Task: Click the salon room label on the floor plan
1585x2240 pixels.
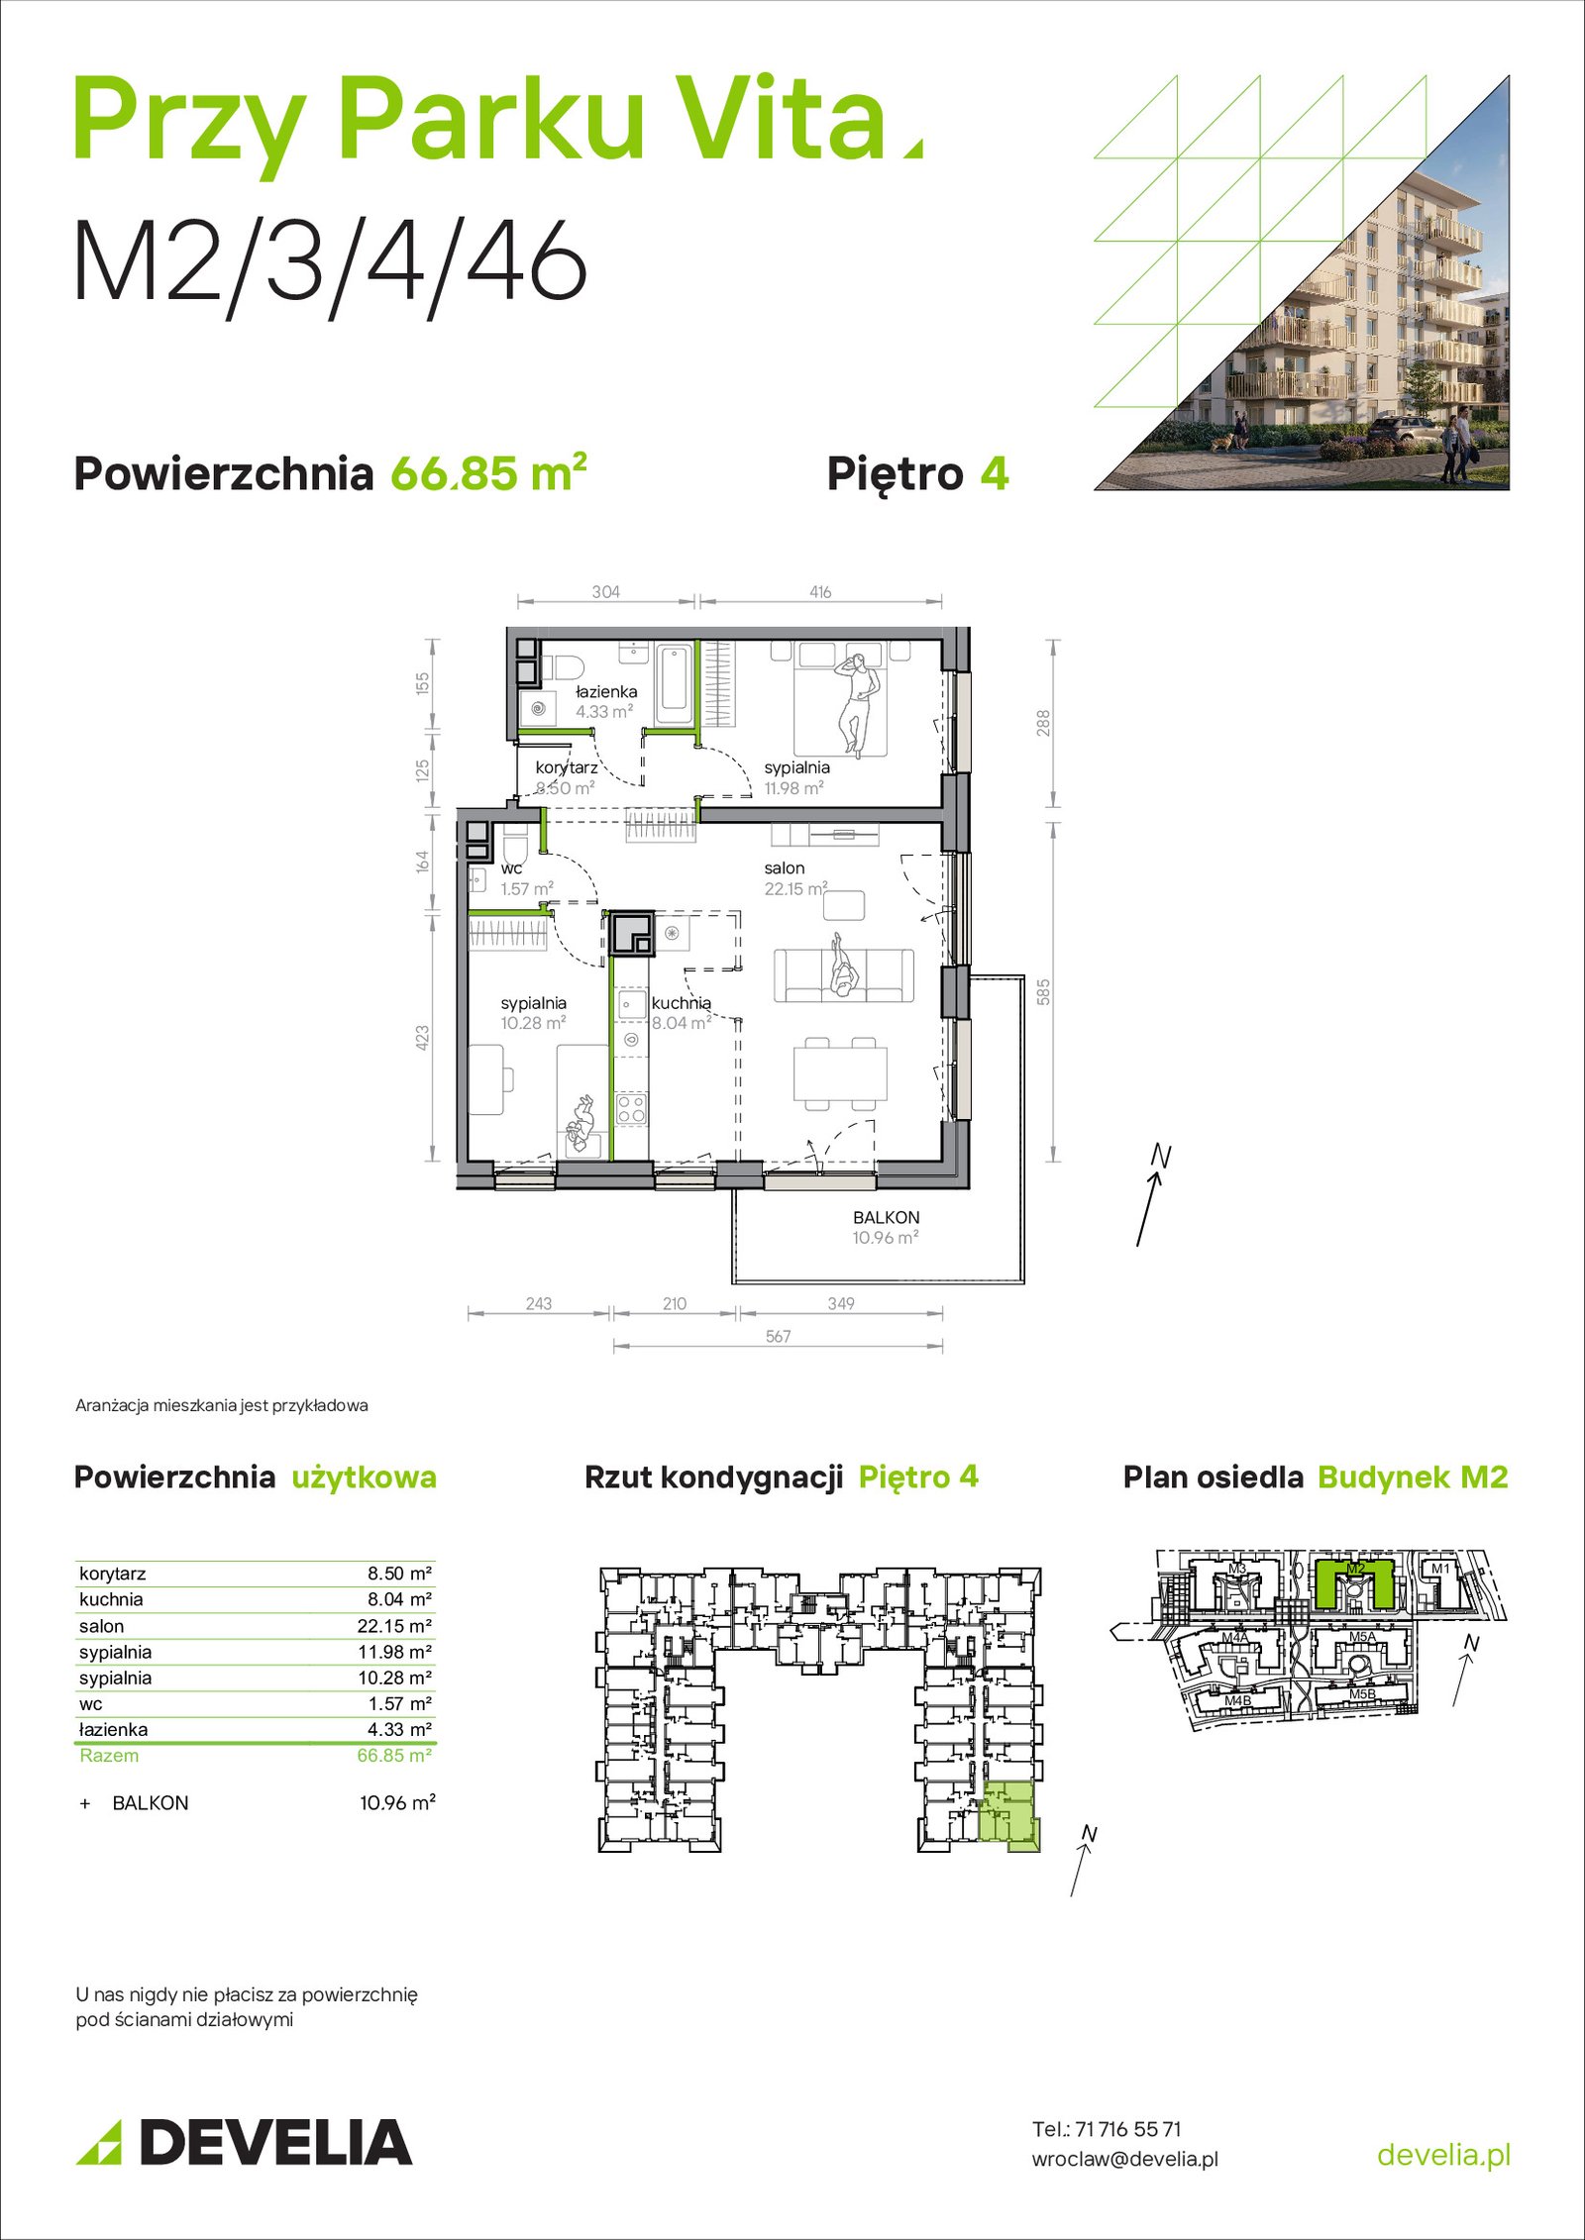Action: [x=784, y=868]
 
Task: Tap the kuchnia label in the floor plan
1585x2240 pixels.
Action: [x=681, y=1003]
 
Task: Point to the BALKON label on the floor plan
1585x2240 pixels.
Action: [x=886, y=1218]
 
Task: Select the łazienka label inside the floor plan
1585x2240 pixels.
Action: [x=606, y=692]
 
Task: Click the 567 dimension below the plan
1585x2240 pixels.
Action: [x=778, y=1337]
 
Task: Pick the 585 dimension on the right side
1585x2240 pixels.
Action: [x=1043, y=992]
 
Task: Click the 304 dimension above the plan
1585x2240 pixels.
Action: [x=605, y=592]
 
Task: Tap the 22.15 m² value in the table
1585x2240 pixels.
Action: [x=394, y=1626]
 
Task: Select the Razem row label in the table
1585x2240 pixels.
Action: [x=109, y=1756]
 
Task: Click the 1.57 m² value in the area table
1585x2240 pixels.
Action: [x=399, y=1704]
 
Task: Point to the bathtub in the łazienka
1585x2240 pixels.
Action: [x=674, y=683]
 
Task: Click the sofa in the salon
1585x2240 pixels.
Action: [x=844, y=976]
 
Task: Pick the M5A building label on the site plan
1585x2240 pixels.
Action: [x=1361, y=1637]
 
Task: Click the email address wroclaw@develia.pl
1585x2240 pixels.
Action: [x=1124, y=2159]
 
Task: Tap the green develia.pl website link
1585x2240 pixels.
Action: [x=1444, y=2155]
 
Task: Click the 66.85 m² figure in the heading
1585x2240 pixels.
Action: [x=488, y=472]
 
